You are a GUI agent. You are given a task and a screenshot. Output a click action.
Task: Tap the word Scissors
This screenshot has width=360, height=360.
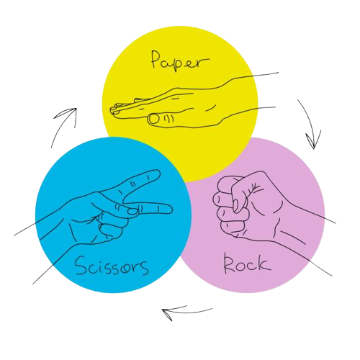pyautogui.click(x=112, y=266)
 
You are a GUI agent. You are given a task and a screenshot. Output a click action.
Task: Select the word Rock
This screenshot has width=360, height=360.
pyautogui.click(x=247, y=264)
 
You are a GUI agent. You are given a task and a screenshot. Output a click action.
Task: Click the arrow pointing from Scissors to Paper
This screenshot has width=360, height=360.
pyautogui.click(x=62, y=125)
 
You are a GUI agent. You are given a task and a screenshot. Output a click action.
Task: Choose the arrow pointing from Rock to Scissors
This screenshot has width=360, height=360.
pyautogui.click(x=187, y=312)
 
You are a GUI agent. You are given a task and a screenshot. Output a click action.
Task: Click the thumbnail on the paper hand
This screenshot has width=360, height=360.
pyautogui.click(x=154, y=120)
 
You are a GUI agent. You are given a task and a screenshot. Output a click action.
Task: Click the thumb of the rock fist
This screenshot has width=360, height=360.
pyautogui.click(x=239, y=194)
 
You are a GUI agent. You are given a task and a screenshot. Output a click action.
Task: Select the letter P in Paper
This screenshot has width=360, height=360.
pyautogui.click(x=156, y=59)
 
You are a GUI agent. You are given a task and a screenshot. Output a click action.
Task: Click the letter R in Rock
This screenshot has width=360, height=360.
pyautogui.click(x=229, y=264)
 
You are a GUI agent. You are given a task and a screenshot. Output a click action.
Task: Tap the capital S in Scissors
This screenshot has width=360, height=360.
pyautogui.click(x=81, y=265)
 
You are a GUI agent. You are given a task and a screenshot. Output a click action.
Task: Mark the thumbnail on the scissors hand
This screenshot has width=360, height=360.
pyautogui.click(x=132, y=211)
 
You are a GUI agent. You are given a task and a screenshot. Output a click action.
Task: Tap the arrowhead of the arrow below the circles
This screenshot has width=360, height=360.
pyautogui.click(x=168, y=313)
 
